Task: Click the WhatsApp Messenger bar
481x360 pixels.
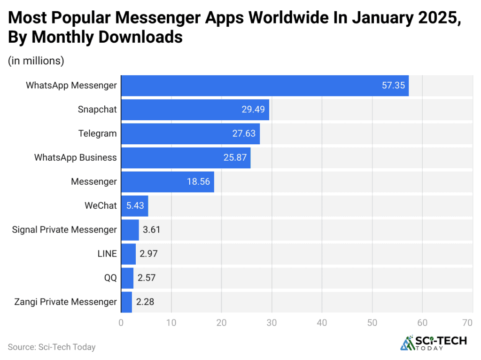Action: click(x=264, y=86)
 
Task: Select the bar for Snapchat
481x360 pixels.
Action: click(x=195, y=110)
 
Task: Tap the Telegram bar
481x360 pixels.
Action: click(x=190, y=133)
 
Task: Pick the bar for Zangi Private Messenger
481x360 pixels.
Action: click(x=126, y=302)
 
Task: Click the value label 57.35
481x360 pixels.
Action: click(x=393, y=86)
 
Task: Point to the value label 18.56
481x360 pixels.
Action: click(x=198, y=181)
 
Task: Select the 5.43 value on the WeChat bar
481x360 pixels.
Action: click(x=134, y=205)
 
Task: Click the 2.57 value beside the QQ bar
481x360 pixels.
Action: click(x=146, y=278)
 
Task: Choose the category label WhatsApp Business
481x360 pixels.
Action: click(x=75, y=157)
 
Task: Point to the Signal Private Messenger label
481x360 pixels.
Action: click(x=64, y=230)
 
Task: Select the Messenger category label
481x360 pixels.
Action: click(x=93, y=181)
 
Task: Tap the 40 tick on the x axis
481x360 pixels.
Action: click(x=322, y=323)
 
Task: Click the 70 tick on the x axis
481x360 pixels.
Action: click(x=467, y=323)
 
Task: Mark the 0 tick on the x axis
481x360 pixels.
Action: click(x=121, y=323)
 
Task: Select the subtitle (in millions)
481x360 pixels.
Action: click(x=36, y=61)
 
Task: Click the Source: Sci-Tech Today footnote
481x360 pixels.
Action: click(x=52, y=347)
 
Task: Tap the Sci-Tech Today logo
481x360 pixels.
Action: click(x=433, y=343)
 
